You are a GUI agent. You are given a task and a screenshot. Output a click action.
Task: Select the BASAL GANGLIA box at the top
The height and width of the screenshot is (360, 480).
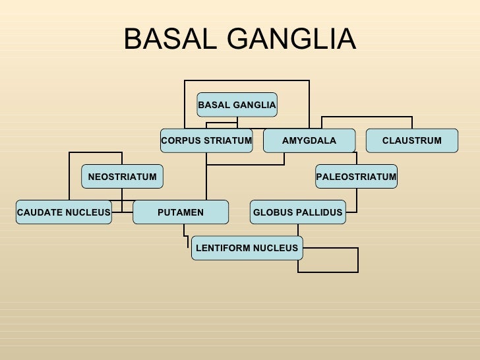click(237, 105)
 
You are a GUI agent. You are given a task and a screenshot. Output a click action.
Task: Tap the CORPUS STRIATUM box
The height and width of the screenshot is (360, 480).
click(206, 140)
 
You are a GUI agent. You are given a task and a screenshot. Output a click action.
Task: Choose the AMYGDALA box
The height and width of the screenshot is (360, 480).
click(309, 140)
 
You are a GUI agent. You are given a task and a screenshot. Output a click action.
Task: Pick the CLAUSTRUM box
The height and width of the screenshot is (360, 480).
click(412, 140)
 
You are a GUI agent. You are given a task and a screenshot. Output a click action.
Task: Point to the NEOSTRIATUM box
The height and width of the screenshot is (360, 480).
click(122, 177)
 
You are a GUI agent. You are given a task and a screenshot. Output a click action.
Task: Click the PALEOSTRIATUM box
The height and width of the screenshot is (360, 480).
click(356, 177)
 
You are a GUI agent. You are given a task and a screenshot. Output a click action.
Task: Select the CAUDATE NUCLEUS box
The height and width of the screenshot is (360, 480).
click(64, 212)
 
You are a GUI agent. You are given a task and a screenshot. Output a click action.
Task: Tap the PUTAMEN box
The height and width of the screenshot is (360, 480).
click(181, 212)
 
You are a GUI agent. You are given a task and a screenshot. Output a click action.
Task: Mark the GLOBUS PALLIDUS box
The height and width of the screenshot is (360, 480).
click(298, 212)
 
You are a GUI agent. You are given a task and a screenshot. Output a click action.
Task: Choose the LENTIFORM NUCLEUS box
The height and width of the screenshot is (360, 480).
click(247, 249)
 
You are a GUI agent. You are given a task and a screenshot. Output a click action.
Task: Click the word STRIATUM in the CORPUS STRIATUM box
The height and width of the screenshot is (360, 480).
click(228, 140)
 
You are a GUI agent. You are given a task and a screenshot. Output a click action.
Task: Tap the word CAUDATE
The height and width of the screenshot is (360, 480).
click(40, 212)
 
